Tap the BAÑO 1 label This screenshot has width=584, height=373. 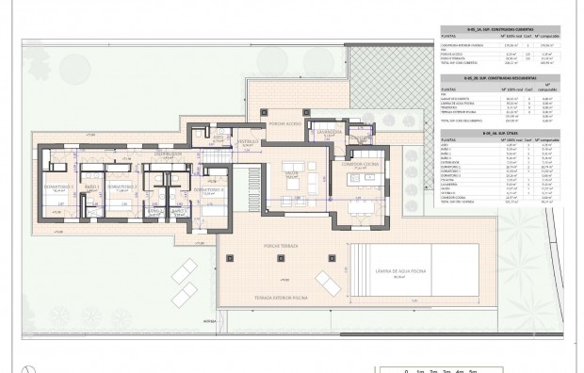click(91, 187)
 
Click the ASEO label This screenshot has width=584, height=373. click(219, 138)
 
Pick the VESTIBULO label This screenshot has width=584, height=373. click(247, 142)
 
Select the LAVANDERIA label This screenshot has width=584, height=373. click(329, 133)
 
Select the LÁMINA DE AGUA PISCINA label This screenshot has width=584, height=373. click(403, 270)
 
